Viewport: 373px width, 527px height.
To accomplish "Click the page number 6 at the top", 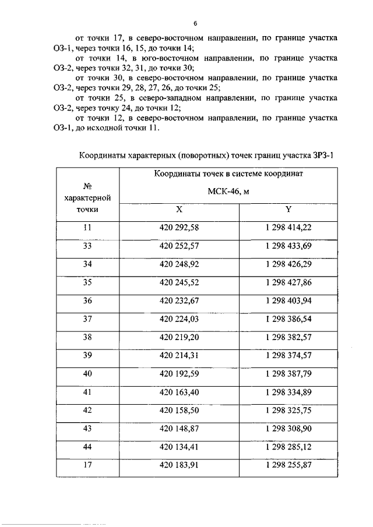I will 196,23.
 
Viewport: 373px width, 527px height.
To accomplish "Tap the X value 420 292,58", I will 179,228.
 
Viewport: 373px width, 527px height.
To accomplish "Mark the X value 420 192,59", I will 179,373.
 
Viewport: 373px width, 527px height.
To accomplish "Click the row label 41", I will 87,391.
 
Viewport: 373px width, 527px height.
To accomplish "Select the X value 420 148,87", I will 179,428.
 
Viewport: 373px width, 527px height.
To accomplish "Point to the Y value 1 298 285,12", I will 288,446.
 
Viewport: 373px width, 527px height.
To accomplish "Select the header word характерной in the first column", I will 87,198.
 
